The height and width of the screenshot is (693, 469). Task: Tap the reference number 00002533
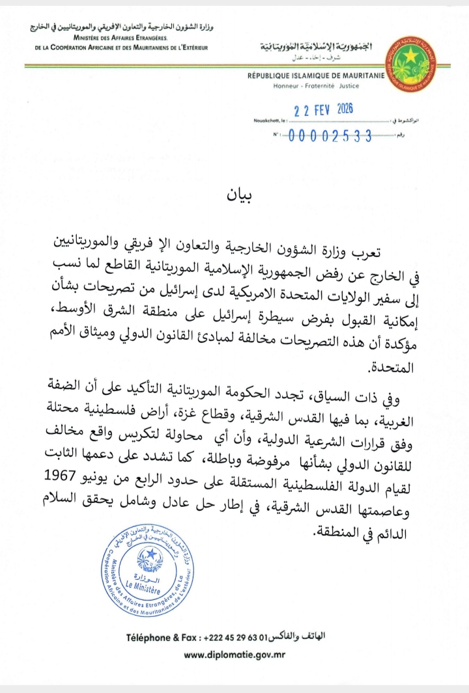click(329, 136)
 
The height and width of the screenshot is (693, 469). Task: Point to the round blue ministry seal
click(147, 573)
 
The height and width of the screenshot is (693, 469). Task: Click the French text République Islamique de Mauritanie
click(315, 77)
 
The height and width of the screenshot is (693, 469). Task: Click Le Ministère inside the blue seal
click(147, 583)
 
